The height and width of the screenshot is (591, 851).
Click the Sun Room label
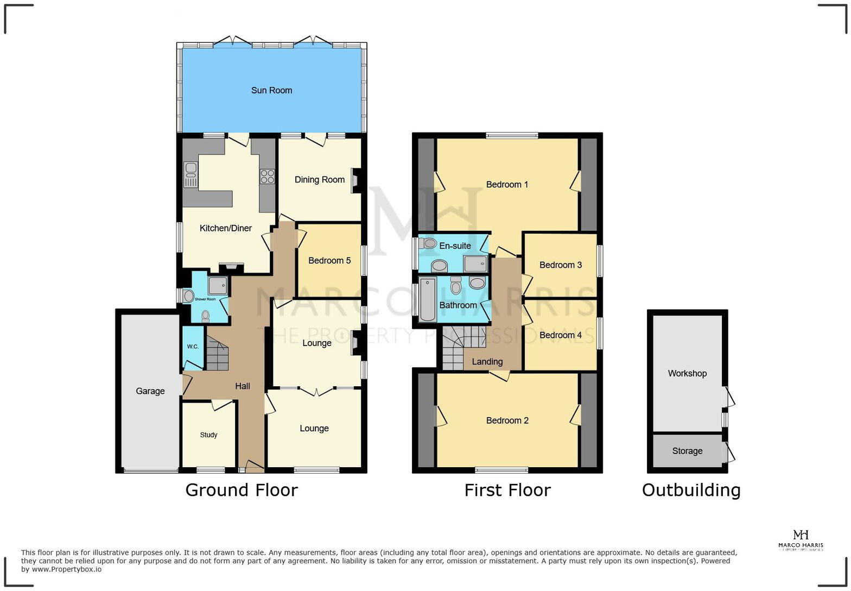point(271,90)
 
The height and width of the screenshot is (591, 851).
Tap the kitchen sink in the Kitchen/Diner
point(190,174)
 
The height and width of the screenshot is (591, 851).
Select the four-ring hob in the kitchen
point(267,177)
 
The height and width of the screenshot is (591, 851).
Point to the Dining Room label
point(320,180)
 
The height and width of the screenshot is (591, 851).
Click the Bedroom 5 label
point(329,261)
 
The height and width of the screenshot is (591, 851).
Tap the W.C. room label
point(193,347)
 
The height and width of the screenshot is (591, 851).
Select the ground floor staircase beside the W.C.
point(217,354)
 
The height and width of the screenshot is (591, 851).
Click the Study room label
point(208,435)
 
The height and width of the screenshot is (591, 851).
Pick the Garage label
point(150,391)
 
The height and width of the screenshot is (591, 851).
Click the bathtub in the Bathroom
point(428,299)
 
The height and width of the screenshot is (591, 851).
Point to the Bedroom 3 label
point(561,265)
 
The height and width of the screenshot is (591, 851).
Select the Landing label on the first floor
point(487,362)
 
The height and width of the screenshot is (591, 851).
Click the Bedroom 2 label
point(507,420)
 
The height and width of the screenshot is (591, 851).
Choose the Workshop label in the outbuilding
point(687,374)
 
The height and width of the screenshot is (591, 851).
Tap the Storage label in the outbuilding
point(687,451)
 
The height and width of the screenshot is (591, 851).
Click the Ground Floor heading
point(242,490)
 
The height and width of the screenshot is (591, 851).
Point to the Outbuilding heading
point(691,490)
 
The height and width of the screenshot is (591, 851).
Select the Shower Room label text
point(205,299)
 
